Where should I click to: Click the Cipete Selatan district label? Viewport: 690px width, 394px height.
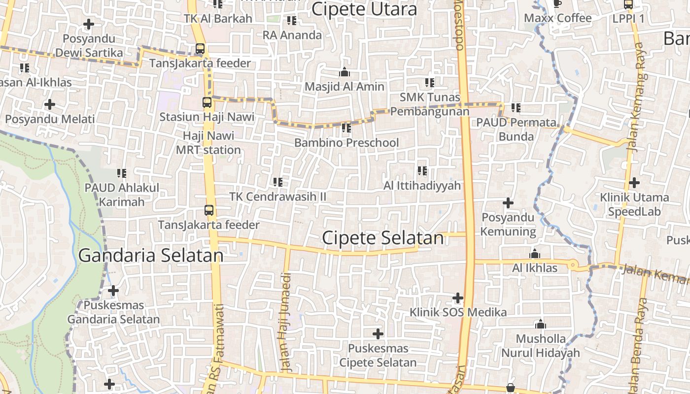382,238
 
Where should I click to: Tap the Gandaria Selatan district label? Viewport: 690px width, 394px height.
151,256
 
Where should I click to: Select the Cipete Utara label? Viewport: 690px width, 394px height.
364,9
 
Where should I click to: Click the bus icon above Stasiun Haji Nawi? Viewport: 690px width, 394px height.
207,102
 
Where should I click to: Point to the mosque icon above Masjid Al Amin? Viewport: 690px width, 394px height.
345,72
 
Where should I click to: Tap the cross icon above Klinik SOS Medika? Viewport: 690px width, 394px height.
458,298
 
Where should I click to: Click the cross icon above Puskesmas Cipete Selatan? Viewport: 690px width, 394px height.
378,334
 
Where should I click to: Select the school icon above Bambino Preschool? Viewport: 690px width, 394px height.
346,128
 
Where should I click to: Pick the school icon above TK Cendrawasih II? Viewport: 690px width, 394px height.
278,182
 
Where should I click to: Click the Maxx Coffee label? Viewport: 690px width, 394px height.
557,18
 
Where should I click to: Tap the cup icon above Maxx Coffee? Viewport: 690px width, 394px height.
557,4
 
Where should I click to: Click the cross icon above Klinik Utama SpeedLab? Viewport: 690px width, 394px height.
634,183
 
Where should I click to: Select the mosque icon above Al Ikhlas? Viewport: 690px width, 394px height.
535,254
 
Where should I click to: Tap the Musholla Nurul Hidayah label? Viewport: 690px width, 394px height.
541,346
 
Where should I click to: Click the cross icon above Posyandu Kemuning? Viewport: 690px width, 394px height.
508,203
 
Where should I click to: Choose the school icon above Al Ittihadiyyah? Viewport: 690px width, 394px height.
422,171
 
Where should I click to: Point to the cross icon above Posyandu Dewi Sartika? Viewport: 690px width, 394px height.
89,24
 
